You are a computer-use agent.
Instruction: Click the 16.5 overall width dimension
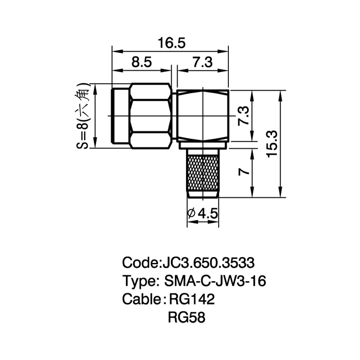(x=171, y=43)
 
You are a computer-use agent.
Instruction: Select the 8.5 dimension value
(x=141, y=62)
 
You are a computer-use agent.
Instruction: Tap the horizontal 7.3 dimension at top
(x=202, y=62)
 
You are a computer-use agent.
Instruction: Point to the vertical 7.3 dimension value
(x=243, y=116)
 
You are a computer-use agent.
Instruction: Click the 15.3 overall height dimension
(x=272, y=144)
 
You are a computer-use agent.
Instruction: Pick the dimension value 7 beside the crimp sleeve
(x=244, y=171)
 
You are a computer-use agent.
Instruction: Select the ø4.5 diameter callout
(x=202, y=214)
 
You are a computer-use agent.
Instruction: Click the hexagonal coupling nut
(x=150, y=116)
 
